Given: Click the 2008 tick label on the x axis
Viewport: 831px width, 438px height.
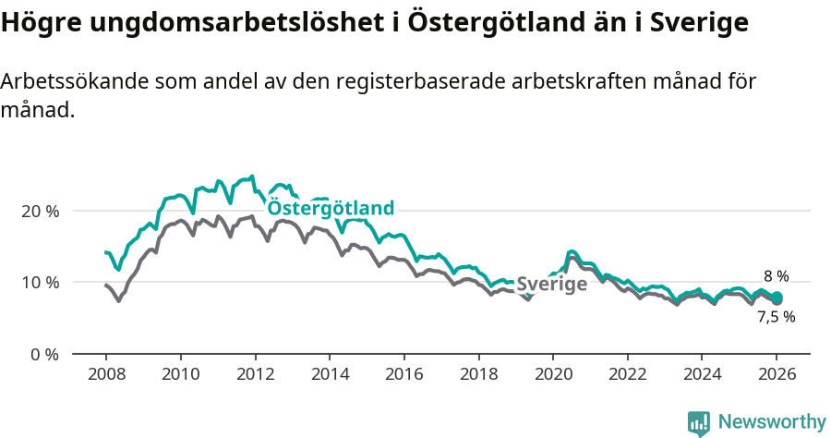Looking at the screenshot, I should [x=105, y=375].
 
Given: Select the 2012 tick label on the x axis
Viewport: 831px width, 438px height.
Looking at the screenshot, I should [x=254, y=375].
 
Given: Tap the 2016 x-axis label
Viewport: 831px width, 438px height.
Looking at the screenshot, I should [x=403, y=375].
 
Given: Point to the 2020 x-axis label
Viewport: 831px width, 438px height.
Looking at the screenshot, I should [x=552, y=375].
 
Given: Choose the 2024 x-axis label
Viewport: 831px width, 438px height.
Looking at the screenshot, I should [x=701, y=375].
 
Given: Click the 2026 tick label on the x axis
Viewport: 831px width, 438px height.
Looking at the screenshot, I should [x=777, y=375].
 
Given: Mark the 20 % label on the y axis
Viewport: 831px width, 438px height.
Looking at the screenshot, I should [x=40, y=211].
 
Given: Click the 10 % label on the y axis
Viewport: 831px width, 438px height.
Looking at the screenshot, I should [x=40, y=282].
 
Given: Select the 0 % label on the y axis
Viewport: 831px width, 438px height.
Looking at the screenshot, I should [x=44, y=354].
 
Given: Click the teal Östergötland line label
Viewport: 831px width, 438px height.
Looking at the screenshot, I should [x=331, y=209].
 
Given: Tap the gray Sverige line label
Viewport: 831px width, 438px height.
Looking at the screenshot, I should [x=551, y=285].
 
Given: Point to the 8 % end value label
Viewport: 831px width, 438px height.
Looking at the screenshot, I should [x=776, y=276].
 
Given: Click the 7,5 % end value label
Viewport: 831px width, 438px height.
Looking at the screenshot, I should [x=776, y=316].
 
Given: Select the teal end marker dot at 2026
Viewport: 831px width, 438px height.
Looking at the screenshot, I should [x=777, y=297].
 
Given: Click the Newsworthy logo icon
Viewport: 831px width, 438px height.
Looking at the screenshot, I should [x=699, y=423].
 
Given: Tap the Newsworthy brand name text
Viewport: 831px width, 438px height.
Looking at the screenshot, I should [x=771, y=422].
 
